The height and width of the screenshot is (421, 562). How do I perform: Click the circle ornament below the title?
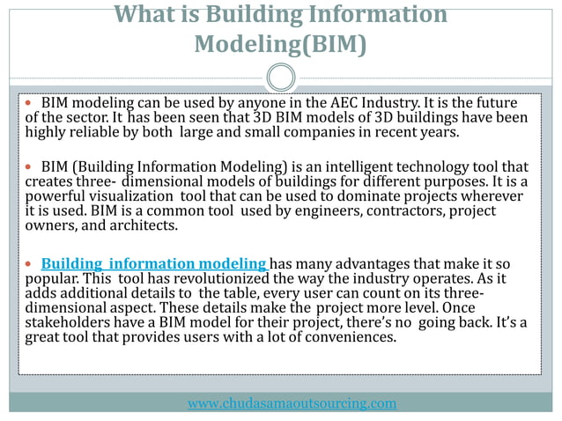(x=281, y=78)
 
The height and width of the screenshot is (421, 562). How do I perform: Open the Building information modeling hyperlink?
(x=154, y=264)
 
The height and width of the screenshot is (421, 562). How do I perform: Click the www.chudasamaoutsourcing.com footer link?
(x=292, y=403)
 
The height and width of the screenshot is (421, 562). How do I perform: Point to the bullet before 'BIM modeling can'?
(x=31, y=103)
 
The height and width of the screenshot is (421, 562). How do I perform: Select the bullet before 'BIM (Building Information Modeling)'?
(x=31, y=166)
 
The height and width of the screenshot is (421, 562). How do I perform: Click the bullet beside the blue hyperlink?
(x=31, y=264)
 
